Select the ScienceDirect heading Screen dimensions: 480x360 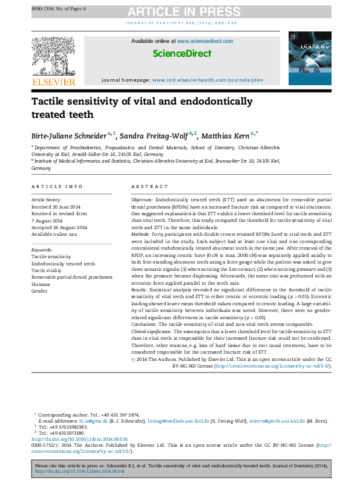click(x=182, y=54)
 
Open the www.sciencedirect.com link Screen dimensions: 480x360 click(x=205, y=41)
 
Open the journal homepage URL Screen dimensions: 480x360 click(x=208, y=80)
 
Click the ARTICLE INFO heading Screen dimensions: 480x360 click(x=57, y=187)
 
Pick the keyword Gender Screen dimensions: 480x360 click(x=40, y=291)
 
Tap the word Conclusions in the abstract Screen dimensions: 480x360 click(x=146, y=325)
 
